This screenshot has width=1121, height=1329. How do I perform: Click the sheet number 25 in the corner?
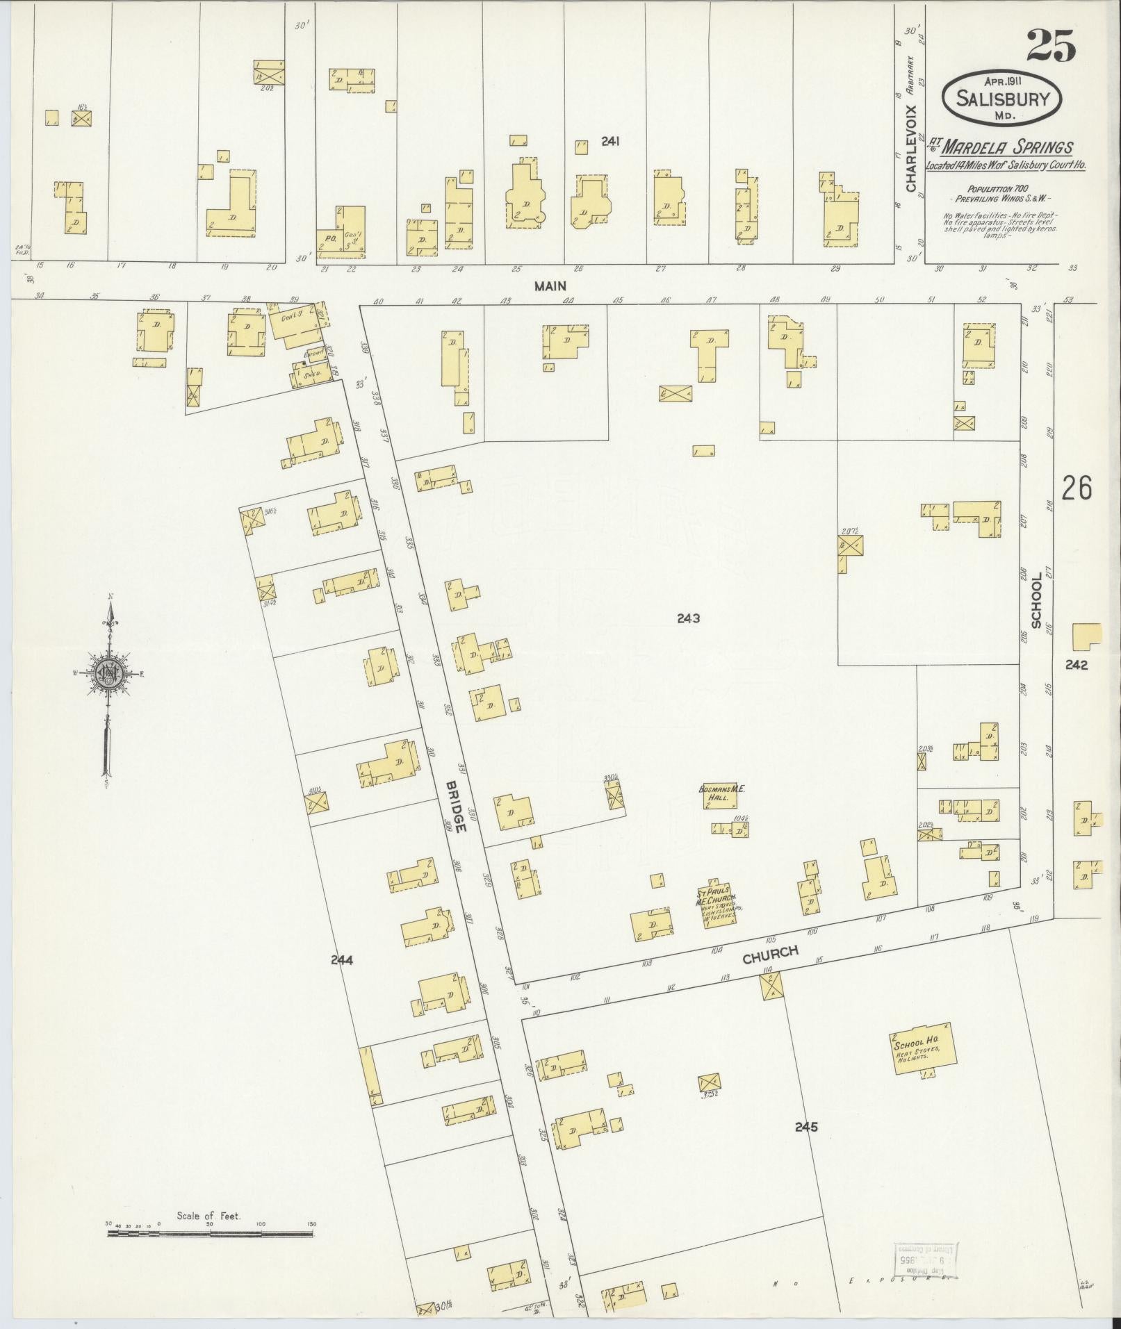pos(1050,46)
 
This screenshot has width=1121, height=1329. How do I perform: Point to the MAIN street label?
pos(550,285)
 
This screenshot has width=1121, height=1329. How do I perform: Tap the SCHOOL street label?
pos(1036,600)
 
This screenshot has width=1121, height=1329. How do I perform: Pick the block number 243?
pos(688,618)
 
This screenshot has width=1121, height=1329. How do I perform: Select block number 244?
pos(342,960)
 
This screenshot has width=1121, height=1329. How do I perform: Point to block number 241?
pos(610,142)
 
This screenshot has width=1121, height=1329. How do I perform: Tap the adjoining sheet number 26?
pos(1076,488)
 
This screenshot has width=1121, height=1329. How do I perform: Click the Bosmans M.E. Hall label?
pos(717,793)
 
